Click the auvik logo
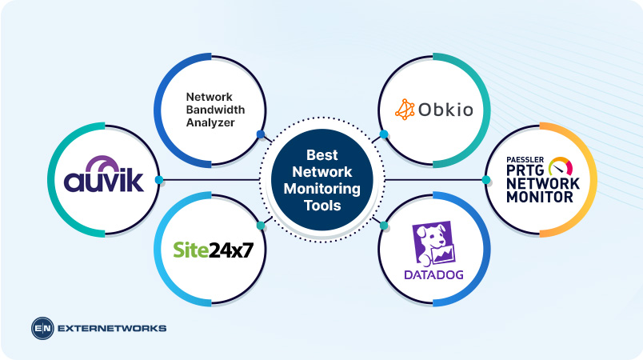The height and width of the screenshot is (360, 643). [105, 178]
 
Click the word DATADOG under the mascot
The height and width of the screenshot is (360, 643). [433, 275]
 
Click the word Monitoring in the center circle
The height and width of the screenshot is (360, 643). [321, 189]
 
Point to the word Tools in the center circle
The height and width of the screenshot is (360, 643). [321, 206]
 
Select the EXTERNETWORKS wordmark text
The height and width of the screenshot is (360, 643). [111, 328]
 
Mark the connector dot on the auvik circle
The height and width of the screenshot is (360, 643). [159, 180]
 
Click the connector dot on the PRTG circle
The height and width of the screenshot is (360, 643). [486, 180]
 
